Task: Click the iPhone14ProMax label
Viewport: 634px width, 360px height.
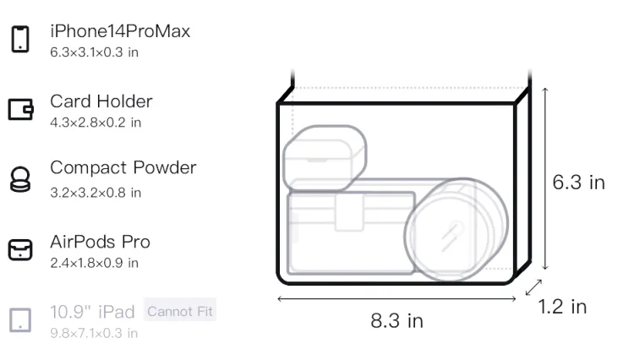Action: [120, 31]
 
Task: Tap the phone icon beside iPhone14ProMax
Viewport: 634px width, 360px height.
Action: [20, 39]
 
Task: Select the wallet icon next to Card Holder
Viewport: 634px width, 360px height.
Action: [20, 110]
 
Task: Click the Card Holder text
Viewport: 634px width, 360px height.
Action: [101, 101]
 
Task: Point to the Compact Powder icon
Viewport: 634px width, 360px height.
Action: [19, 179]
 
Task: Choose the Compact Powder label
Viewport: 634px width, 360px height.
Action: [123, 167]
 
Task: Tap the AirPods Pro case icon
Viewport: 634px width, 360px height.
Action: [20, 249]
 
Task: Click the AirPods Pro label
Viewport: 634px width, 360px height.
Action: [101, 242]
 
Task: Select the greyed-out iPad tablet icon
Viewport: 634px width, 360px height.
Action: [20, 320]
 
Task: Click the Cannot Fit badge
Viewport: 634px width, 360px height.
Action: [180, 311]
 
